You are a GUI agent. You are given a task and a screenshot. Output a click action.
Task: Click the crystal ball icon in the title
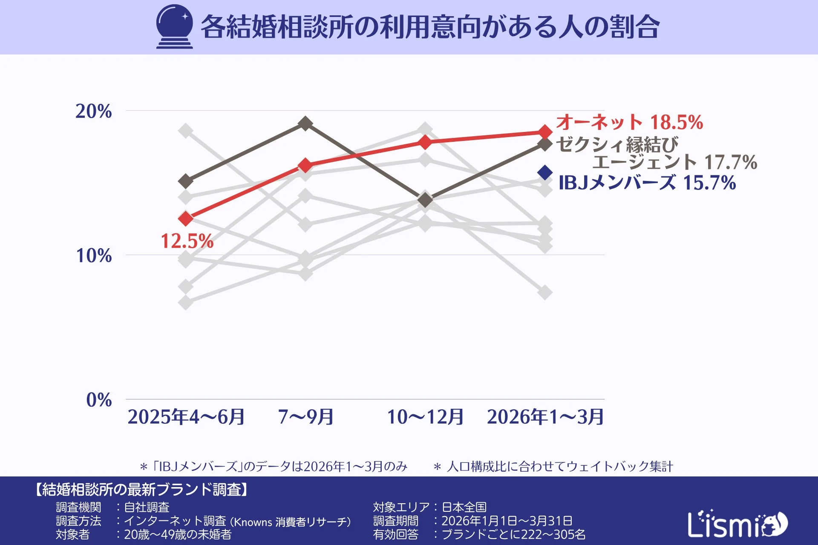click(x=174, y=26)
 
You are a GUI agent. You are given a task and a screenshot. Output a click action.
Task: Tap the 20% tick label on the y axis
click(x=94, y=112)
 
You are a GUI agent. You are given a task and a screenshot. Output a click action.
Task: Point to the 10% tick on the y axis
click(x=94, y=256)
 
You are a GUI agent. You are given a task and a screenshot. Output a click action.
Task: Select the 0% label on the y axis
click(x=99, y=400)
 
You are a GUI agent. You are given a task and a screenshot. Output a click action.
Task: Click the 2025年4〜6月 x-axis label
click(x=186, y=417)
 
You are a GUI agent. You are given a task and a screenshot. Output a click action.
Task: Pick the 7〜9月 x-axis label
click(x=305, y=417)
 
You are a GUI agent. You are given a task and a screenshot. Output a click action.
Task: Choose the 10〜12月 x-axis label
click(x=425, y=417)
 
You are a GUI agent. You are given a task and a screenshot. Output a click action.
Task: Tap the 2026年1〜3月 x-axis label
click(x=545, y=417)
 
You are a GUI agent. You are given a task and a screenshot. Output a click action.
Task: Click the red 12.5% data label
click(x=187, y=241)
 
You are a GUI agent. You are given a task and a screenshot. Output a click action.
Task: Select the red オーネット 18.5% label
click(x=629, y=122)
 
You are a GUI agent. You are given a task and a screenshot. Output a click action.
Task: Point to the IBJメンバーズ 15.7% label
click(x=647, y=183)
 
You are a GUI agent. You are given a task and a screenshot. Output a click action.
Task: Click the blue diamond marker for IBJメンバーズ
click(x=545, y=172)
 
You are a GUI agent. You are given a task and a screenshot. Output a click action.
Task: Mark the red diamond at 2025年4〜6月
click(x=186, y=219)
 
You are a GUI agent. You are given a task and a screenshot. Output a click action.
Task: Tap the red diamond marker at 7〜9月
click(x=305, y=165)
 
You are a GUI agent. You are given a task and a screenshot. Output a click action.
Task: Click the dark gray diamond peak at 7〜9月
click(x=305, y=124)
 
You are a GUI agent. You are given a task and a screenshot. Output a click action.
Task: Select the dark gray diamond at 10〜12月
click(x=425, y=200)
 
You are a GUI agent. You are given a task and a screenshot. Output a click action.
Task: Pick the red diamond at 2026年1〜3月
click(x=545, y=132)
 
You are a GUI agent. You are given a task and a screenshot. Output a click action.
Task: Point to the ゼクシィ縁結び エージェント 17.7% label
click(x=656, y=153)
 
